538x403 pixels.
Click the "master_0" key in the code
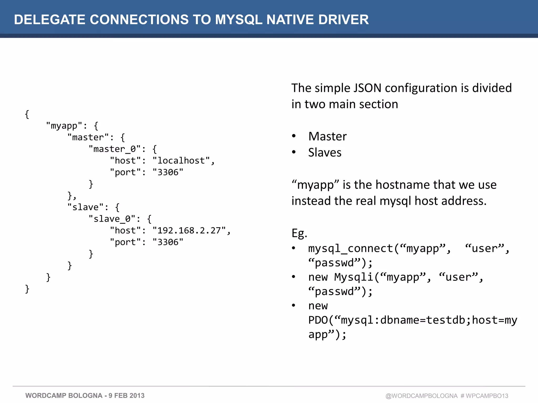coord(115,149)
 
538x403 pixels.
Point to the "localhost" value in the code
coord(181,161)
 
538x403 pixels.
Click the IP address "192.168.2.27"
coord(189,230)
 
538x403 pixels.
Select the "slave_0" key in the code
coord(112,219)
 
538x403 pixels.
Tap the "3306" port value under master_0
coord(168,172)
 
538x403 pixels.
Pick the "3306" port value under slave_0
coord(168,242)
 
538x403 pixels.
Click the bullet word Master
coord(327,136)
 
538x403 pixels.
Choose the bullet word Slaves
coord(325,152)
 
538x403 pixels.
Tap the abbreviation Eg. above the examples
coord(299,233)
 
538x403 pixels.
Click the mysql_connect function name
coord(350,248)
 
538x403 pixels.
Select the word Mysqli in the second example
coord(354,277)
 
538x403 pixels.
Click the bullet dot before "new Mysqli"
coord(294,277)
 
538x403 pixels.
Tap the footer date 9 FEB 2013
coord(126,396)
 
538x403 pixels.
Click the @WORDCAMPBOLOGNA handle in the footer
coord(421,396)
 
